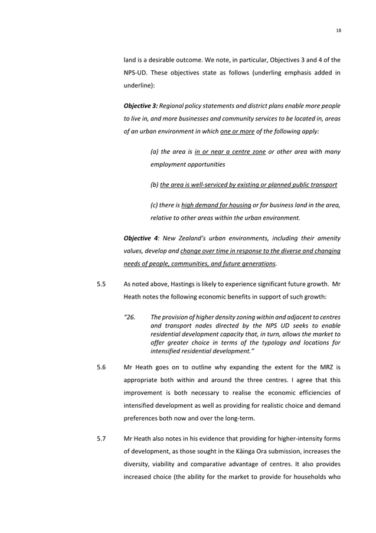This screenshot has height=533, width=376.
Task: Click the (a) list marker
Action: point(155,152)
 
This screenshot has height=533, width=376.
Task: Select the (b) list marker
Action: point(155,185)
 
